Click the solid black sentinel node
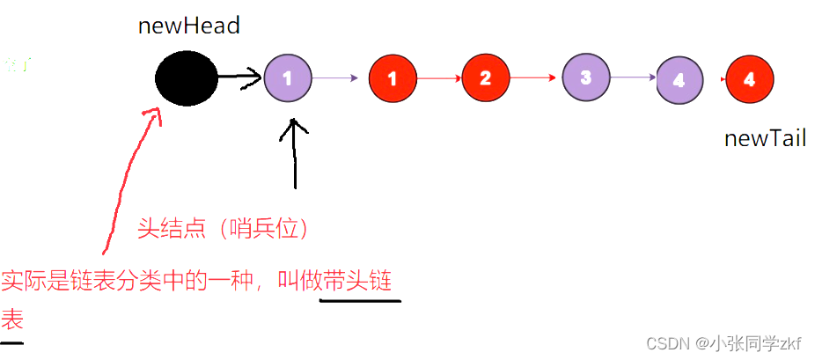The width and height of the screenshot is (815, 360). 187,77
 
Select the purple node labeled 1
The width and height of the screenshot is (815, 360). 288,77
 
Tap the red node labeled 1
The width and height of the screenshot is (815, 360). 392,78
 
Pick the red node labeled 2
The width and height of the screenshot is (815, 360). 485,78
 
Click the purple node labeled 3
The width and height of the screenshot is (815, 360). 585,77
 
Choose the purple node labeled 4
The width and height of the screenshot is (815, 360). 679,80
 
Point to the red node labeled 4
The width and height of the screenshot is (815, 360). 749,79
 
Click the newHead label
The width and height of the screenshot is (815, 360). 188,26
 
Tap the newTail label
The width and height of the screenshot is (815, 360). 765,138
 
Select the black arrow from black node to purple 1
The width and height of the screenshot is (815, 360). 240,77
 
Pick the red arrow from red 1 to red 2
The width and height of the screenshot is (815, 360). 438,78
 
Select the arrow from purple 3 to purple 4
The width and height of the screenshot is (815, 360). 633,78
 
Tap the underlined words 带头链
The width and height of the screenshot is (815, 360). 358,283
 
